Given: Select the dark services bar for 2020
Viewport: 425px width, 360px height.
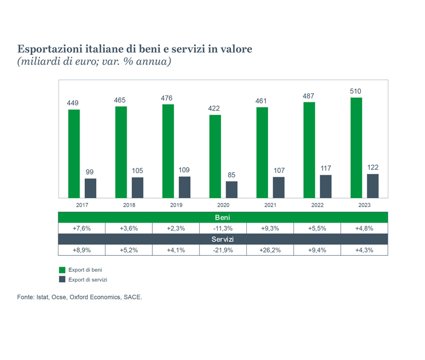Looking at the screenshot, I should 231,189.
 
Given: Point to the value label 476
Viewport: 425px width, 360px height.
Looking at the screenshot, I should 167,98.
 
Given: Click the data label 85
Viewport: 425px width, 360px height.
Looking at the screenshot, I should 231,175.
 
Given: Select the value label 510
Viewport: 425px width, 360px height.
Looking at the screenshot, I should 356,91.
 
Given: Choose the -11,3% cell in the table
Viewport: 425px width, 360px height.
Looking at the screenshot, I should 223,228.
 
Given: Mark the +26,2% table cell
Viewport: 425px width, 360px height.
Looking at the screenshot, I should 270,250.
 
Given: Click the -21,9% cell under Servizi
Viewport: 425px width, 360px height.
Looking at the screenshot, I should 223,250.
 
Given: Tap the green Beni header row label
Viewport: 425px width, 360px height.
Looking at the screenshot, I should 223,217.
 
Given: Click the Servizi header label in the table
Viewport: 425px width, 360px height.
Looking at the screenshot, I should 223,239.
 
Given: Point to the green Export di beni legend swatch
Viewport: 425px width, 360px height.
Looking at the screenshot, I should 62,269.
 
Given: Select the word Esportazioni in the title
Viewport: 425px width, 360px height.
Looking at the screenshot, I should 48,49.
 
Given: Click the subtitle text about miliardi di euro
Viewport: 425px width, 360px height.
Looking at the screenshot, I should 95,61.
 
